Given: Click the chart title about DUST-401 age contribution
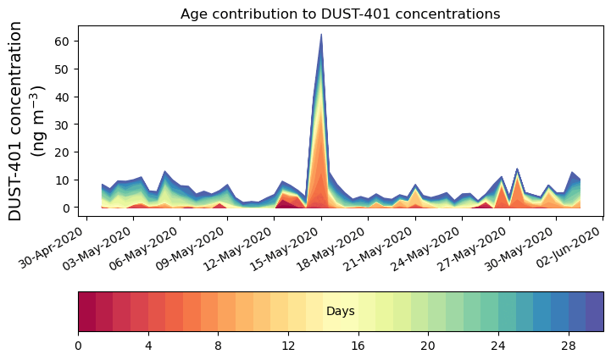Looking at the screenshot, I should point(340,14).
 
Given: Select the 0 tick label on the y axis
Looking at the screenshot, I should point(71,208).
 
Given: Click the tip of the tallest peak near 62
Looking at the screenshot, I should point(321,35).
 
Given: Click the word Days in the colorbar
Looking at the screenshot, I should point(340,312).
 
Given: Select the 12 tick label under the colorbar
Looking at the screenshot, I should point(288,346).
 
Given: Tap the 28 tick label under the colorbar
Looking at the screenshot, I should point(568,346).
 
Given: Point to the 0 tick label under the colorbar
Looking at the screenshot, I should point(78,346).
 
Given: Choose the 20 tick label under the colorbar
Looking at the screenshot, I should point(428,346).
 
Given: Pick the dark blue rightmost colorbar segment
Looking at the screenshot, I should point(594,312).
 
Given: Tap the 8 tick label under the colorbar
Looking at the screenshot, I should point(218,346).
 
